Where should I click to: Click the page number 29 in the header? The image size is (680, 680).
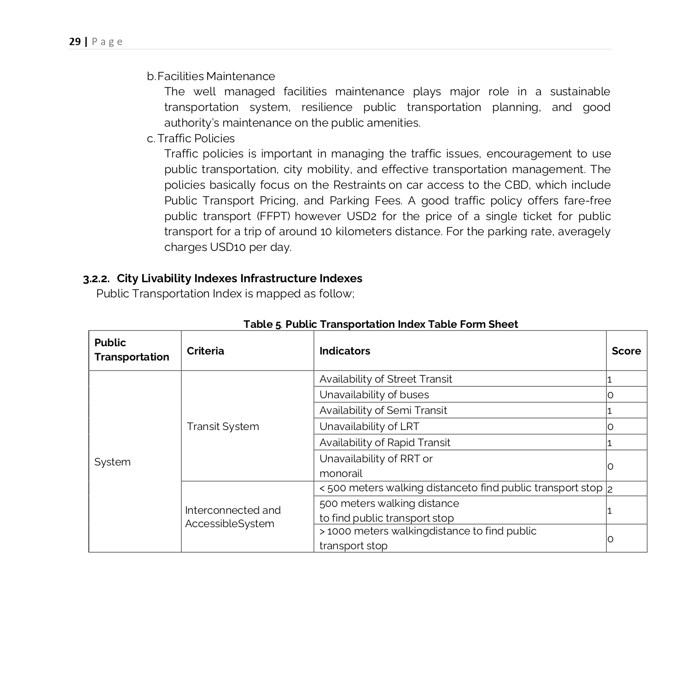tap(75, 42)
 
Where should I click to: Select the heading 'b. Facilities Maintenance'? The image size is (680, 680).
tap(211, 76)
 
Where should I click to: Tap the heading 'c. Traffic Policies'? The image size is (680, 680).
tap(191, 139)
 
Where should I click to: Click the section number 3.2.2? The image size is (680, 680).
tap(96, 279)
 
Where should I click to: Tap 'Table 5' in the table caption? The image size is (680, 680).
tap(262, 325)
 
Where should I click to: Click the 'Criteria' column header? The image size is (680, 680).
tap(205, 351)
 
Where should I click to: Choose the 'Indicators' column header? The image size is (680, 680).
tap(344, 351)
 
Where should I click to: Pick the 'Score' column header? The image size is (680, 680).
tap(626, 351)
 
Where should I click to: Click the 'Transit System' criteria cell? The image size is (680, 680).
tap(223, 426)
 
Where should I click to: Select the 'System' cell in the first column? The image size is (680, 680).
tap(112, 462)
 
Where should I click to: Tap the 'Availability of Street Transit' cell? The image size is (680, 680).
tap(385, 379)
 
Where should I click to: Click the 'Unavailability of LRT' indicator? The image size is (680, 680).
tap(369, 426)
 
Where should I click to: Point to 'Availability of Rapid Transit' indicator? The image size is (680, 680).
tap(384, 442)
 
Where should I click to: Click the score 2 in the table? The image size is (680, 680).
tap(610, 489)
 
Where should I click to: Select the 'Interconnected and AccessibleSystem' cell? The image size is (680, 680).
tap(232, 517)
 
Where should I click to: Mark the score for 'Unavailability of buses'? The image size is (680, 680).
tap(610, 395)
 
